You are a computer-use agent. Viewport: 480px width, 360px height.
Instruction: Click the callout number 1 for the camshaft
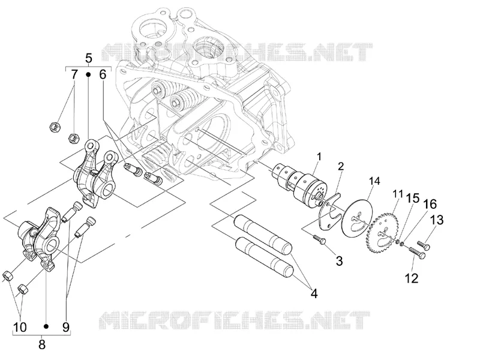coord(319,157)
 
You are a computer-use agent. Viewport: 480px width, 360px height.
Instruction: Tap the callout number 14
coord(374,181)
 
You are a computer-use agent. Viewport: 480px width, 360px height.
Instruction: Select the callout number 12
coord(412,278)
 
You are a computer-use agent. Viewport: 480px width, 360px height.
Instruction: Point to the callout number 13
coord(438,220)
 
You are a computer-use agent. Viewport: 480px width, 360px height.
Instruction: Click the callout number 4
coord(314,293)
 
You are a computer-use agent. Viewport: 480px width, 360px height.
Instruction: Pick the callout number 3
coord(339,261)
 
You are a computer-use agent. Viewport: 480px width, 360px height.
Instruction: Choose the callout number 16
coord(430,204)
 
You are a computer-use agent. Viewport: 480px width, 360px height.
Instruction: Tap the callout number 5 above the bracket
coord(88,58)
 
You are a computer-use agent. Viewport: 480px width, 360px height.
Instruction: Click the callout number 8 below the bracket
coord(42,344)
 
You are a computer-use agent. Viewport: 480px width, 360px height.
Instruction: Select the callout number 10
coord(20,327)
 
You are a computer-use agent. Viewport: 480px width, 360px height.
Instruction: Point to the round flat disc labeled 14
coord(357,218)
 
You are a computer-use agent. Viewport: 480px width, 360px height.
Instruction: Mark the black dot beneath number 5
coord(88,74)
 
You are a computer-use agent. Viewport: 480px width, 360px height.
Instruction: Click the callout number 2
coord(341,166)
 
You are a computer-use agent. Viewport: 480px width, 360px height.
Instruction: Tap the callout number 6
coord(103,74)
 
